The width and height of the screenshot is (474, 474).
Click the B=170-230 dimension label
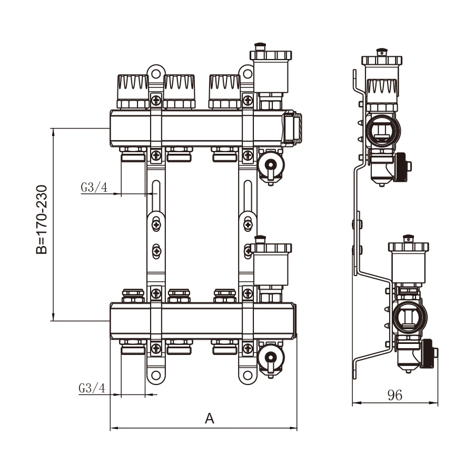(42, 220)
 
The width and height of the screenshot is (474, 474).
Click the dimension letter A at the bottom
(210, 419)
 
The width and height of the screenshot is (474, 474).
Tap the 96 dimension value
(395, 395)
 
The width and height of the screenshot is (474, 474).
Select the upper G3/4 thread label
(94, 187)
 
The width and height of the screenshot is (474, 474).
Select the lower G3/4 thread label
(92, 388)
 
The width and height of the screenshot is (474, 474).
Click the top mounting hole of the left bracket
(156, 74)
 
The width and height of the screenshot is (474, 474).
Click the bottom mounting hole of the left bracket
(156, 376)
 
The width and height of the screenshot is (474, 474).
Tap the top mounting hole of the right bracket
(248, 74)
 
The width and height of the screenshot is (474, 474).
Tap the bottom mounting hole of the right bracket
(248, 376)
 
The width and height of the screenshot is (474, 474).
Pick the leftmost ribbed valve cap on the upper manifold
(133, 91)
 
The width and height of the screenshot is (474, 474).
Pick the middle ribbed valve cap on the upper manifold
(179, 91)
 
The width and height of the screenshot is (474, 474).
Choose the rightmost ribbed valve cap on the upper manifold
(225, 91)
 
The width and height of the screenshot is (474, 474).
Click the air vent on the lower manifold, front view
(271, 269)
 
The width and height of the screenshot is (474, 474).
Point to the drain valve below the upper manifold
(271, 166)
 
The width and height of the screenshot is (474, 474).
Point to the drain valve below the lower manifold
(271, 359)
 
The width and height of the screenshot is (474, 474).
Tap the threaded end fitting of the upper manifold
(292, 129)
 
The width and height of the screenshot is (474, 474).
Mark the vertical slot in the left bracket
(156, 196)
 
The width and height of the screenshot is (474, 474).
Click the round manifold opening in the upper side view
(383, 131)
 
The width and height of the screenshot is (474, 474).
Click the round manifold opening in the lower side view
(410, 318)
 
